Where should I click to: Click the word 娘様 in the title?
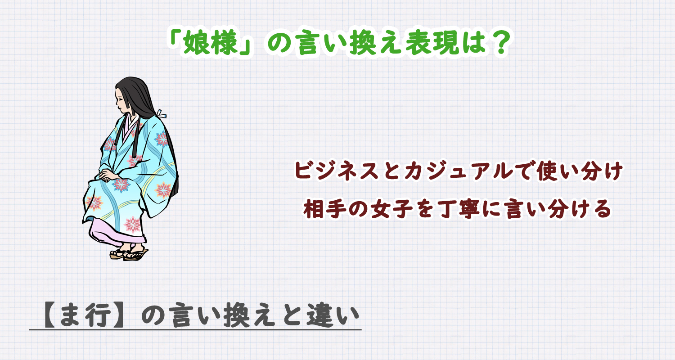(x=207, y=43)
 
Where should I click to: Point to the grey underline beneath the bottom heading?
(x=195, y=330)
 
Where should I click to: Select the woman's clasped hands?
(x=107, y=175)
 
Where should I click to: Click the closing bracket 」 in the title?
(x=243, y=43)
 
